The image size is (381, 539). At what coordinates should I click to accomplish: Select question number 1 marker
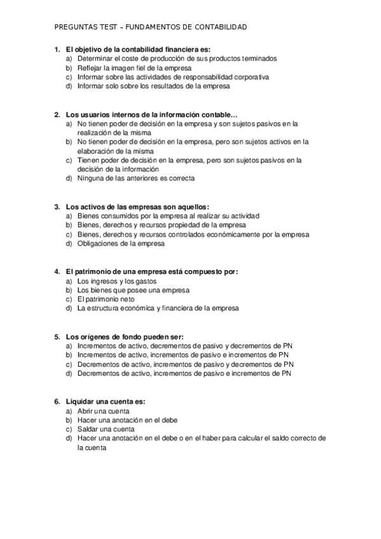(57, 49)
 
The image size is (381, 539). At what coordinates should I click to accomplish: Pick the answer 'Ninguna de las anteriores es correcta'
(135, 179)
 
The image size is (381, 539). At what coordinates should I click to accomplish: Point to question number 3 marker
(57, 207)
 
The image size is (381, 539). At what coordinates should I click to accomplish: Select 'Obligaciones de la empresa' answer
(120, 243)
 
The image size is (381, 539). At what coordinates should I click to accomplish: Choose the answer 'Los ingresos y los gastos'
(116, 281)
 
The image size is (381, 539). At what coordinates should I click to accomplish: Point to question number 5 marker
(57, 336)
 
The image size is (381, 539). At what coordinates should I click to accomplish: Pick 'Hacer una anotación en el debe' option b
(127, 420)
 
